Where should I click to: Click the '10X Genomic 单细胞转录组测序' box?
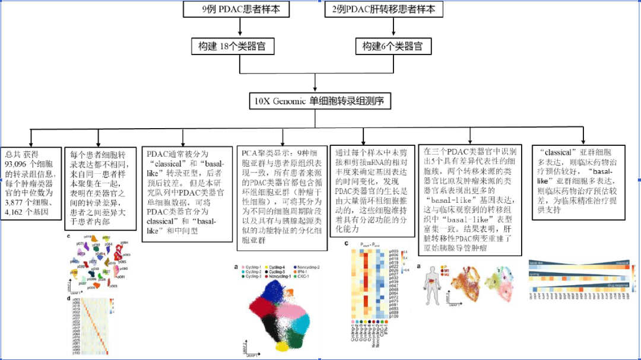(x=320, y=101)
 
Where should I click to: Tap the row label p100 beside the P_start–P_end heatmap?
(x=395, y=317)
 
